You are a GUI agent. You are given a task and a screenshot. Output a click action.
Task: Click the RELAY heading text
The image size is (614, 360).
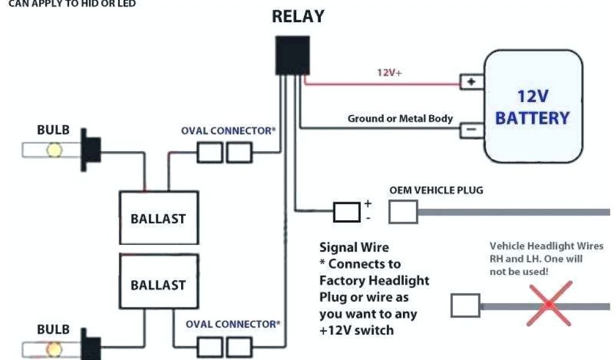point(298,16)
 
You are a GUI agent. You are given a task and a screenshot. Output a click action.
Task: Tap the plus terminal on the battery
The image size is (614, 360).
point(472,82)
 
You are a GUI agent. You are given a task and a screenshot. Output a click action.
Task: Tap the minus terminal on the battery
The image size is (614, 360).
point(472,128)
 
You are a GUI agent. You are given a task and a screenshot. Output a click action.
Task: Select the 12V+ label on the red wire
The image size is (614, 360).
point(389,73)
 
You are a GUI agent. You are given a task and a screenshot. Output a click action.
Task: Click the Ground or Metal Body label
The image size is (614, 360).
point(400,119)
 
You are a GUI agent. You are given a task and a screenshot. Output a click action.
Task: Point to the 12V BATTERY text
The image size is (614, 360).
point(532,107)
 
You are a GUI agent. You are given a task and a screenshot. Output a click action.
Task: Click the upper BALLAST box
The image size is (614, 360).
point(158,218)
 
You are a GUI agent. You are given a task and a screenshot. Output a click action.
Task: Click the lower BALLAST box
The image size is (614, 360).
point(158,284)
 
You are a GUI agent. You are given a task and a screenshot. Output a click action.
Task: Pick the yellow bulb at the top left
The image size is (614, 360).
point(55,149)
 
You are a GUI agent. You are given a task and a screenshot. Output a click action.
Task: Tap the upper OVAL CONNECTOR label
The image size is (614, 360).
point(228,130)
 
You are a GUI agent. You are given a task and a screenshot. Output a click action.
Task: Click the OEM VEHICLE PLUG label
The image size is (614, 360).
point(436,190)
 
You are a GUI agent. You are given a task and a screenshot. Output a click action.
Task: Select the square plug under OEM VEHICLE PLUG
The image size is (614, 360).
point(403,212)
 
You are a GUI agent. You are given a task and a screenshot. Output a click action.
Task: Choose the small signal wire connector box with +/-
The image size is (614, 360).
point(347,212)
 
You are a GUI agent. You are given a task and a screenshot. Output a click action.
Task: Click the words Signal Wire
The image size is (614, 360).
point(354,247)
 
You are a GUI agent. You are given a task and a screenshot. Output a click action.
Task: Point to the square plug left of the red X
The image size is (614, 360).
point(465,305)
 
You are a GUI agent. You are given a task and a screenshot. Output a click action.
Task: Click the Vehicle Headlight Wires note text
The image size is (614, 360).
point(546,259)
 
